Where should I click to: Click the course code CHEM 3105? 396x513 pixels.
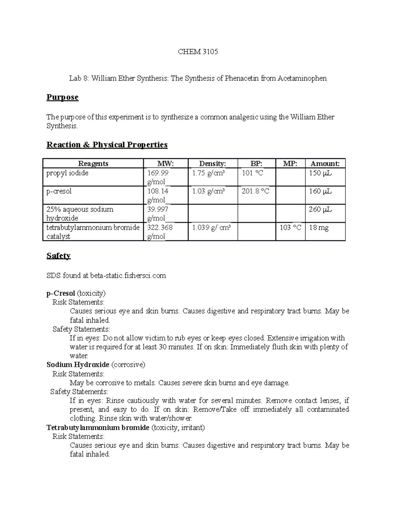point(198,52)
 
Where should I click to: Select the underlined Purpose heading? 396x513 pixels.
point(62,97)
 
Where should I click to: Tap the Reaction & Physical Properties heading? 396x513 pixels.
point(107,145)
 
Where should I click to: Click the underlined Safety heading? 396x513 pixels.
point(58,256)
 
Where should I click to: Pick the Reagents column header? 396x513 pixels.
point(93,164)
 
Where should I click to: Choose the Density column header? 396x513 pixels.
point(213,164)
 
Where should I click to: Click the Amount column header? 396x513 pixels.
point(325,164)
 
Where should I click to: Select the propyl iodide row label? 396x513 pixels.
point(67,173)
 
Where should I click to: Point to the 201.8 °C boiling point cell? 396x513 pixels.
point(255,191)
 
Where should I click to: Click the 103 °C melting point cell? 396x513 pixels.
point(290,228)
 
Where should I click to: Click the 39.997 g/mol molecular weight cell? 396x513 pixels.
point(157,213)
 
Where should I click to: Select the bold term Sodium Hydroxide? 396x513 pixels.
point(78,365)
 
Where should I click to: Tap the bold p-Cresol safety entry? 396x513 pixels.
point(61,293)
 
